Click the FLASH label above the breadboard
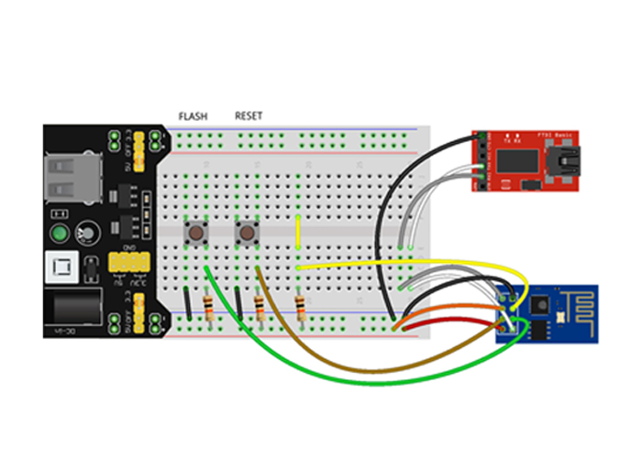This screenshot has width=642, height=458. [193, 116]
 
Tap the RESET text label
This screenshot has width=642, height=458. [249, 115]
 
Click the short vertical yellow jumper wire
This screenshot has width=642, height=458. [299, 232]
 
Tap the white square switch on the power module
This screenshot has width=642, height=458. [61, 270]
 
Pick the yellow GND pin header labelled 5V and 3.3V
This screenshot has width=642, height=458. [126, 264]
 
